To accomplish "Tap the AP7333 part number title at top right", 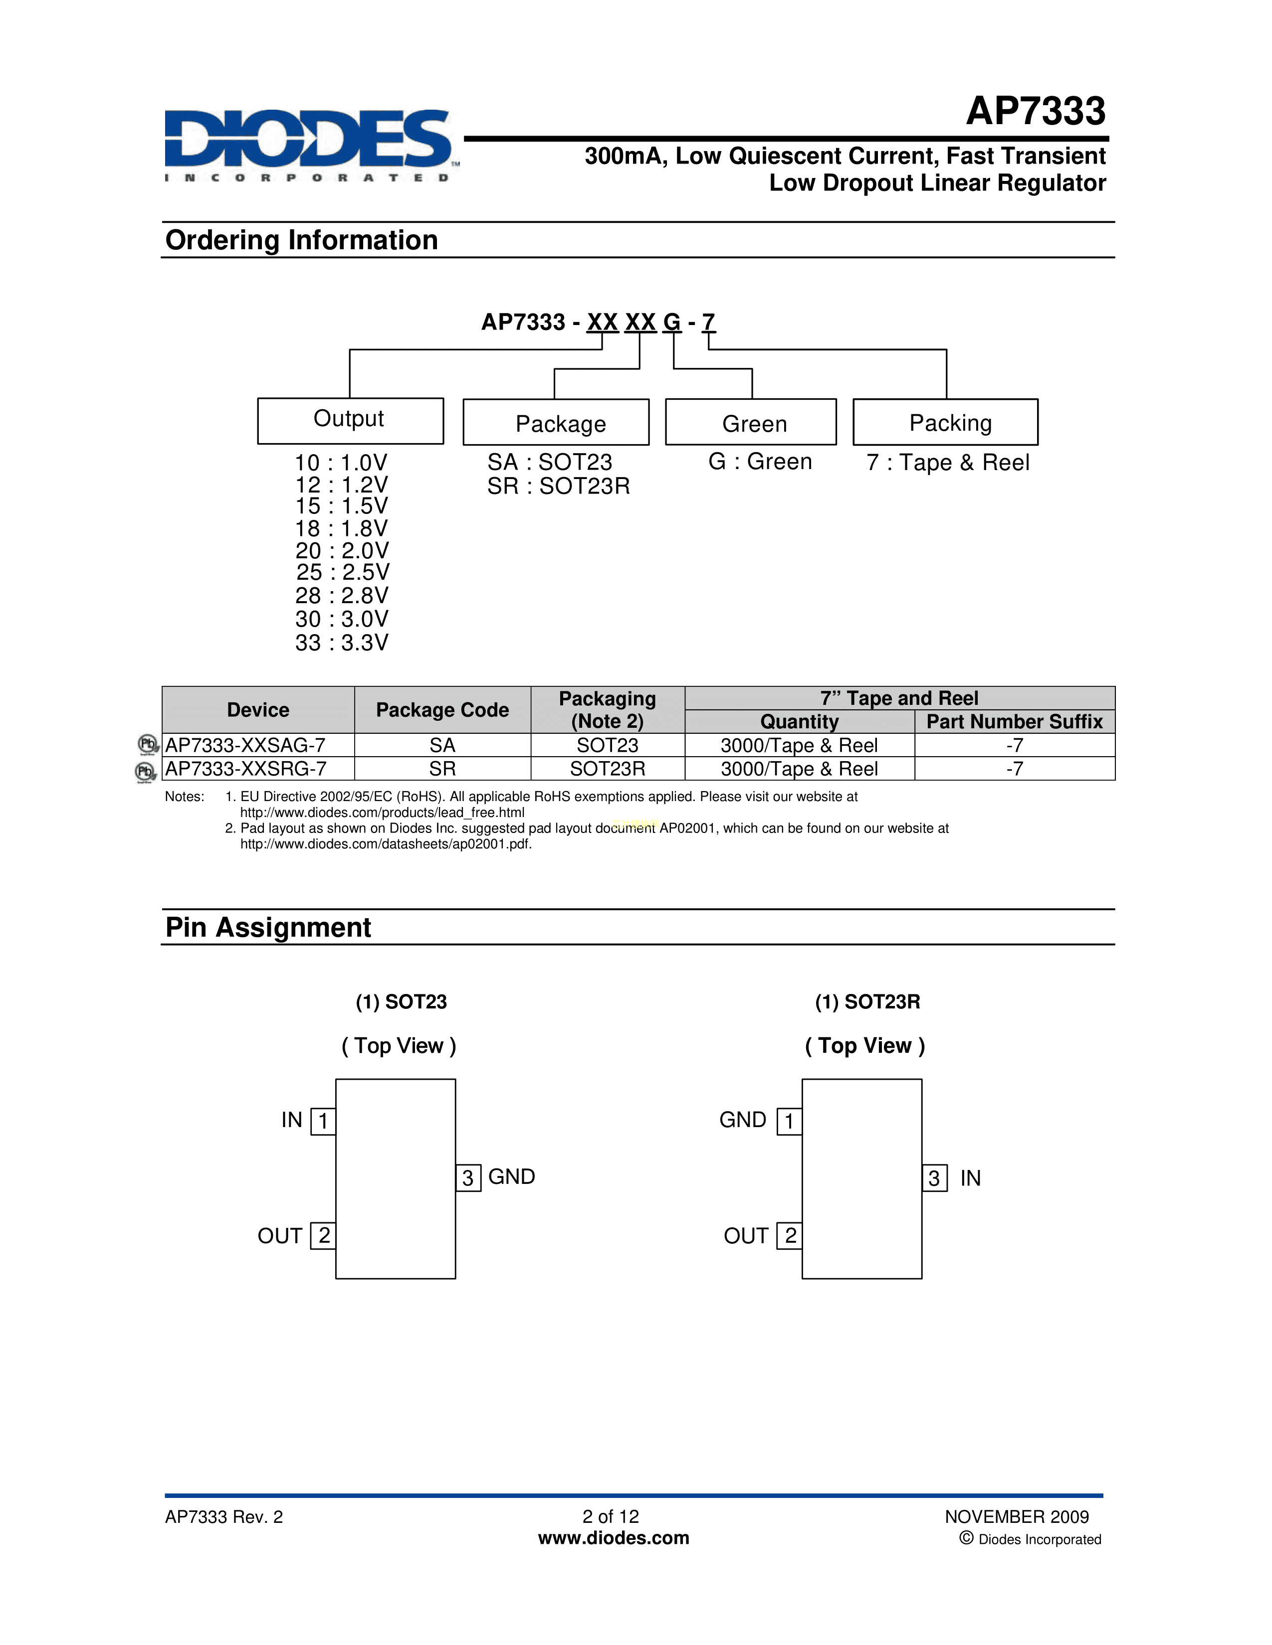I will [1036, 112].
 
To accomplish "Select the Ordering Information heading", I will [301, 240].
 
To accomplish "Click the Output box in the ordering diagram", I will [350, 420].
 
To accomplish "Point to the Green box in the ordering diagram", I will [751, 423].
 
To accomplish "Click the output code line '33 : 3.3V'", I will [341, 643].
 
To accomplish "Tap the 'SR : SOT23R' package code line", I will [558, 487].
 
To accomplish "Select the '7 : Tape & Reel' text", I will [947, 463].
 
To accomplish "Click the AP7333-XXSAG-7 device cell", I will [245, 745].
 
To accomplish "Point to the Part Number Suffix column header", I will [1014, 722].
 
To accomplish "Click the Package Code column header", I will [442, 709].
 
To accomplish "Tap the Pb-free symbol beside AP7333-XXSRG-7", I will [145, 771].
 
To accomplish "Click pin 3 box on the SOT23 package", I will [468, 1178].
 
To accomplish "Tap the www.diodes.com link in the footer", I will [614, 1538].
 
